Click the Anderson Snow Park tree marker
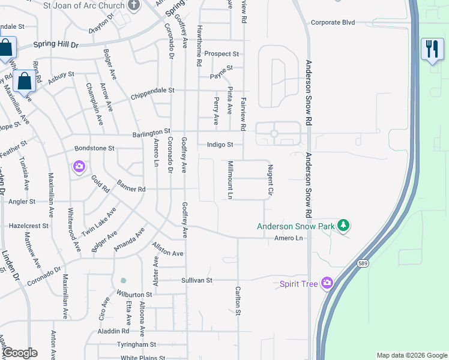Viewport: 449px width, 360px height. tap(343, 226)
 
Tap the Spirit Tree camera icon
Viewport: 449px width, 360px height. tap(327, 283)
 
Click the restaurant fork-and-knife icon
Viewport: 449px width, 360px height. tap(432, 49)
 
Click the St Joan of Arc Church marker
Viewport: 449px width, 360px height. tap(134, 5)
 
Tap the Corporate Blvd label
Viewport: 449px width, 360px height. tap(333, 23)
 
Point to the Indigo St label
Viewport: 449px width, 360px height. tap(219, 145)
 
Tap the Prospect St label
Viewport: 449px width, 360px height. tap(221, 54)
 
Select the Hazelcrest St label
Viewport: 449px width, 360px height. tap(28, 226)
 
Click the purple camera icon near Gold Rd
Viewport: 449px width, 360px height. tap(79, 166)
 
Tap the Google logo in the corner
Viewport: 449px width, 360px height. tap(20, 353)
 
